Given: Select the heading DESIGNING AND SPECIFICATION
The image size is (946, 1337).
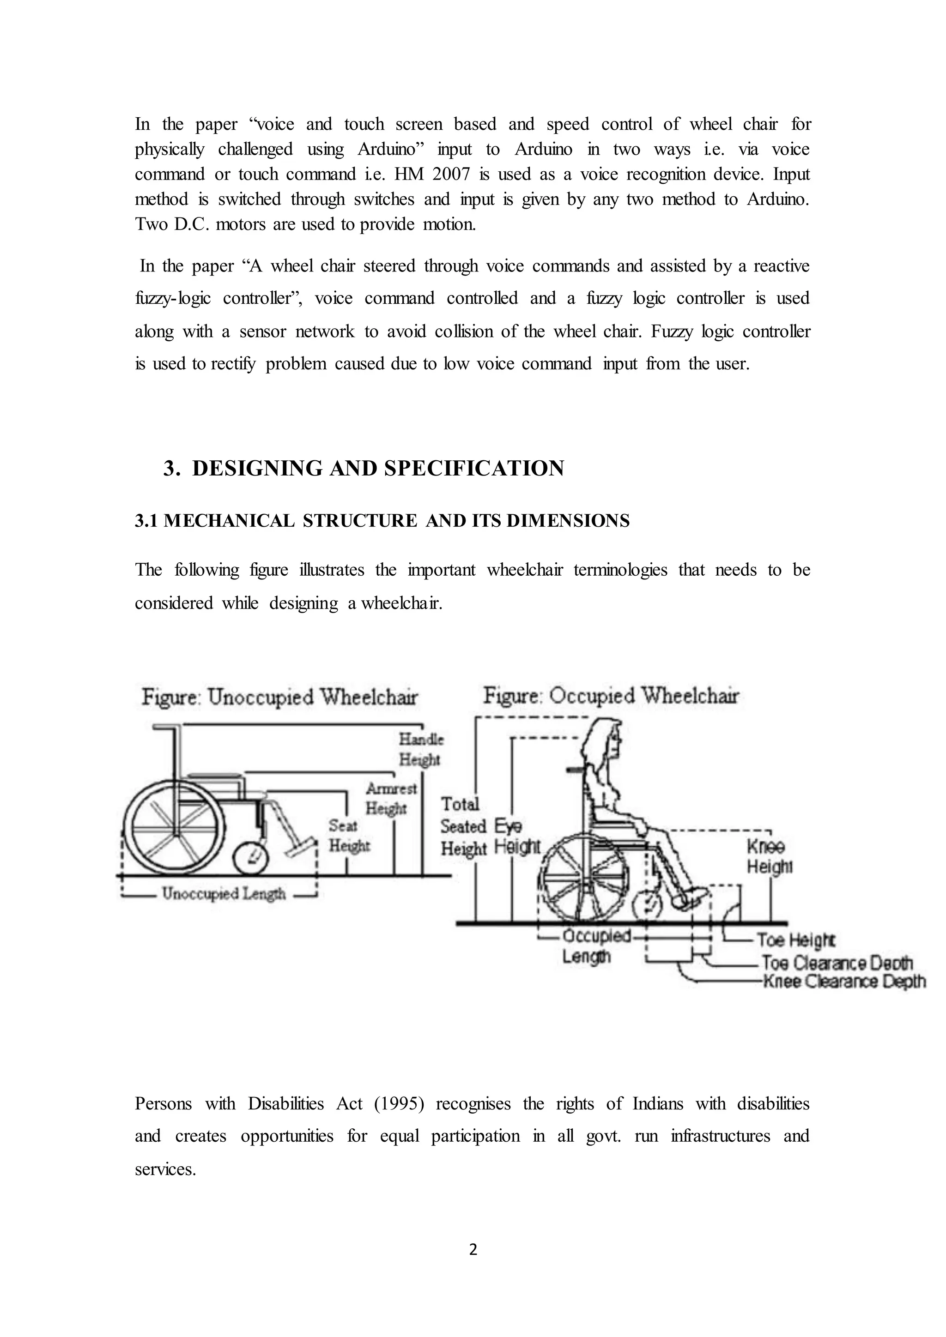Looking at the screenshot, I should pyautogui.click(x=377, y=468).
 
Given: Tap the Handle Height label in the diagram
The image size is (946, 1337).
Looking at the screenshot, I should pyautogui.click(x=421, y=749).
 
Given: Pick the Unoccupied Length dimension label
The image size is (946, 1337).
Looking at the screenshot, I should pyautogui.click(x=224, y=893).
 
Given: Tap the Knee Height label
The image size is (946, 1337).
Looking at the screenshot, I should pyautogui.click(x=769, y=856).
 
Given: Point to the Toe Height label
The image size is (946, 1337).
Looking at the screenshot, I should pyautogui.click(x=796, y=940).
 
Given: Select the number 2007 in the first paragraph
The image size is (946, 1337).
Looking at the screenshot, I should pyautogui.click(x=451, y=174).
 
